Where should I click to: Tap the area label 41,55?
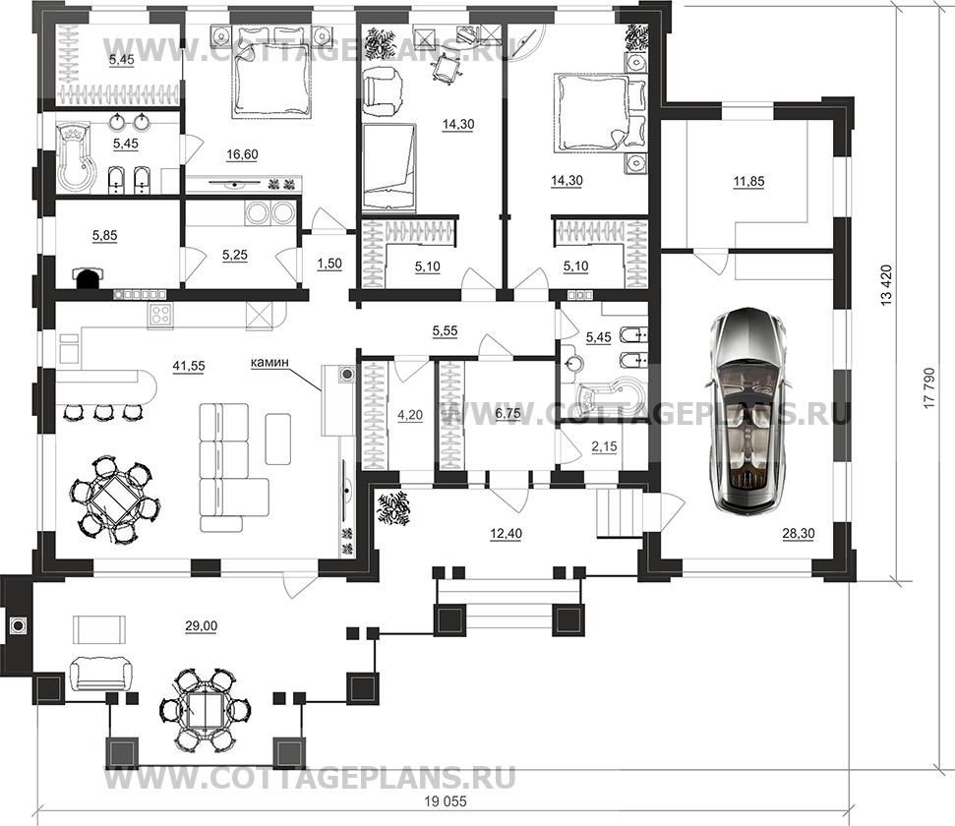[x=189, y=366]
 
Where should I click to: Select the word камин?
[x=269, y=363]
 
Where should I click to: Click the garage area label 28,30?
[x=799, y=534]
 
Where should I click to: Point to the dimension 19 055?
[x=442, y=802]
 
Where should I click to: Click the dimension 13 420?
[x=886, y=284]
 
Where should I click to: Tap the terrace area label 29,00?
[x=201, y=625]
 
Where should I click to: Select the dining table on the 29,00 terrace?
[x=205, y=710]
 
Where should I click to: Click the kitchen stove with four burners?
[x=160, y=316]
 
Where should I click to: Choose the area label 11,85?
[x=748, y=181]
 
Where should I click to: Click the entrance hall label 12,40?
[x=506, y=534]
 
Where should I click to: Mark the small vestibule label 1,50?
[x=328, y=264]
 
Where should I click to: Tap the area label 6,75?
[x=507, y=413]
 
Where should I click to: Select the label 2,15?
[x=604, y=446]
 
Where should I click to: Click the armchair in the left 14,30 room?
[x=383, y=91]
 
